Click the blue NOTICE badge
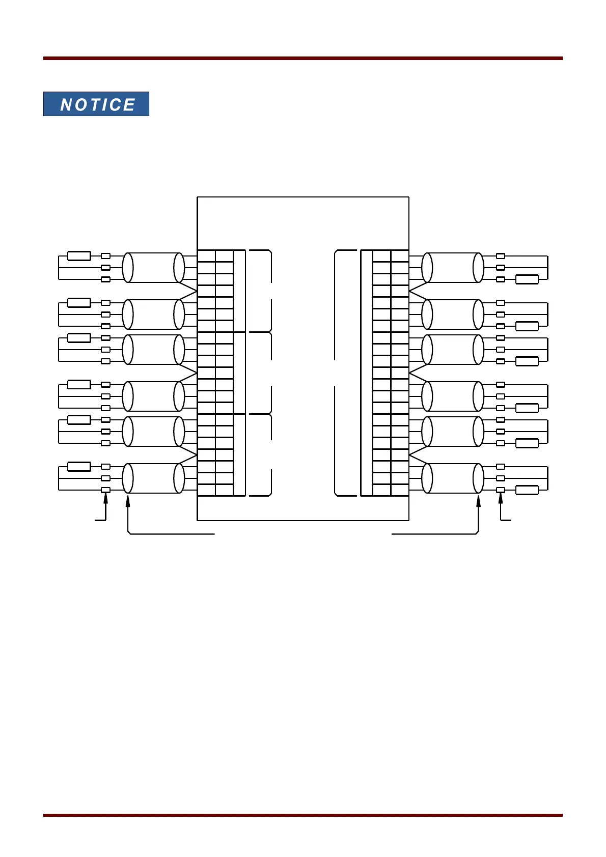pos(96,104)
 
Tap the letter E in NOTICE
pos(129,105)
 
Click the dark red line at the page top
pos(303,59)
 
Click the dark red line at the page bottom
pos(303,815)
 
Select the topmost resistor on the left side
pos(79,256)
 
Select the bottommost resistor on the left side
pos(79,467)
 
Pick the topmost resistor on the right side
pos(527,279)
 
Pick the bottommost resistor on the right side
pos(527,490)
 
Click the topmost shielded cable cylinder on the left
pos(153,268)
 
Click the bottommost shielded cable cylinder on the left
pos(153,478)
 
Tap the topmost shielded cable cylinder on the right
pos(453,268)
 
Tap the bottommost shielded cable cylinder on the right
pos(453,478)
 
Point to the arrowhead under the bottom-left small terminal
pos(106,499)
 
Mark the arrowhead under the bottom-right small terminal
pos(501,499)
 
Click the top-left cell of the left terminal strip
pos(206,256)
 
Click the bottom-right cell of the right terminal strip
pos(400,490)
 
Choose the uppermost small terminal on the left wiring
pos(106,256)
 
